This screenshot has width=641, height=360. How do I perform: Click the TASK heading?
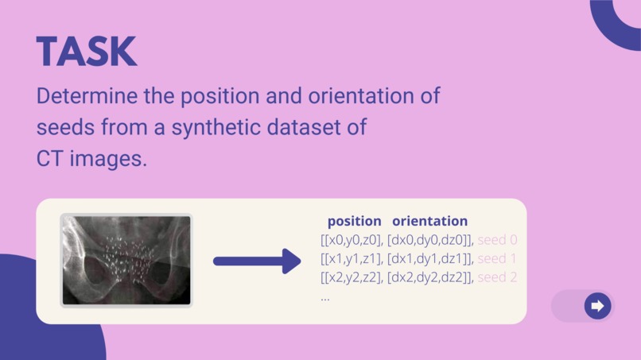[x=87, y=52]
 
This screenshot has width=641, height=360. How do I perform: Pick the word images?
[x=108, y=157]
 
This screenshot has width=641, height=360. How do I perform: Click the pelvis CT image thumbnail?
[x=126, y=260]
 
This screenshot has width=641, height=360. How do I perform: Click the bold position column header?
[x=354, y=221]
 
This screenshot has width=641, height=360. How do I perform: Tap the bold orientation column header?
[x=429, y=221]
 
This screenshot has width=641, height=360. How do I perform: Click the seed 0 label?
[x=498, y=239]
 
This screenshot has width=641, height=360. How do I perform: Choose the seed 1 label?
[x=497, y=258]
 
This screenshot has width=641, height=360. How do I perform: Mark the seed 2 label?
[x=498, y=277]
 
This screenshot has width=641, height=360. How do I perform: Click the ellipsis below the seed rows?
[x=325, y=298]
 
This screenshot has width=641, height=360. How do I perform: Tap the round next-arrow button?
[x=597, y=306]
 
